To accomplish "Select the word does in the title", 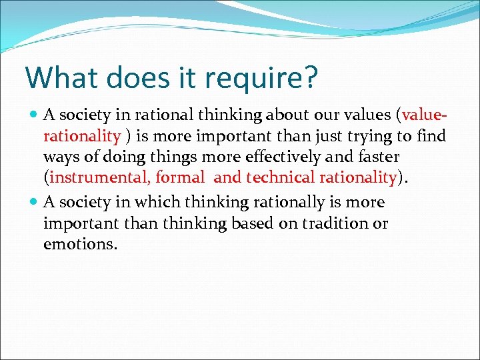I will tap(141, 77).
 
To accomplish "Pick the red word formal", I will tap(182, 177).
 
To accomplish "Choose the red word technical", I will tap(281, 177).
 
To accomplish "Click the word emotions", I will tap(80, 245).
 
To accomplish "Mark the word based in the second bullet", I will tap(254, 224).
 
